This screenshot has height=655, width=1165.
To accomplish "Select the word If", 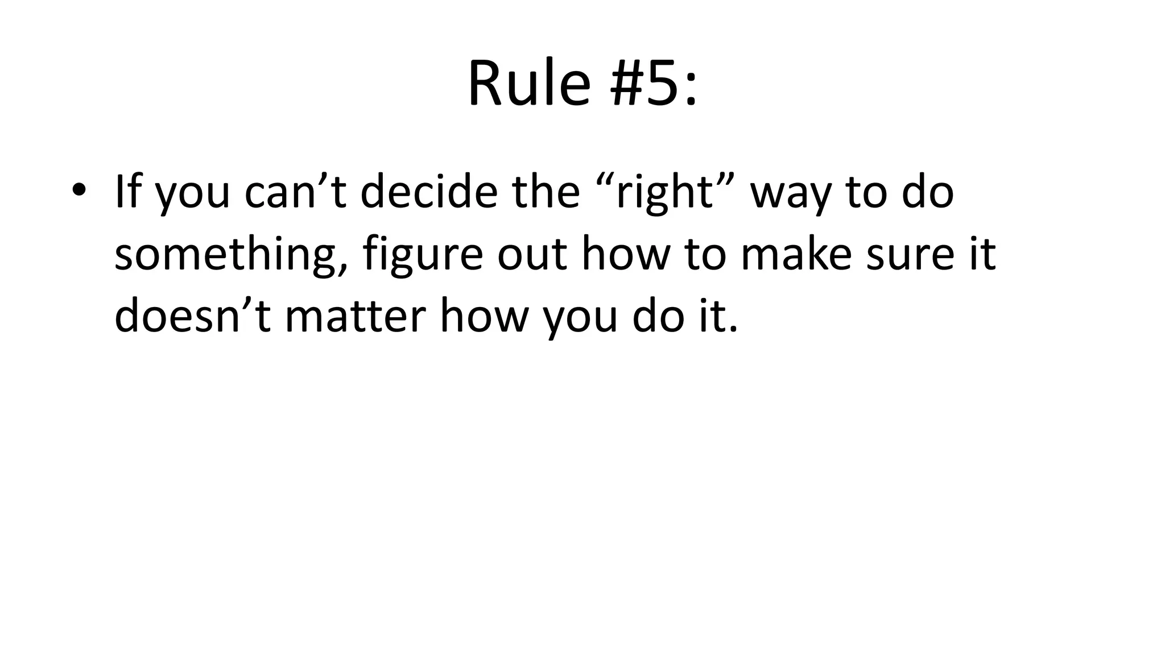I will pyautogui.click(x=127, y=192).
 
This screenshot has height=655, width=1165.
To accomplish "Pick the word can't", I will pyautogui.click(x=295, y=192).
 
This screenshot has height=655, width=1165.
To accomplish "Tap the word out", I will pyautogui.click(x=532, y=255).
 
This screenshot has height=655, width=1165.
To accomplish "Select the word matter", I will pyautogui.click(x=356, y=317).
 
